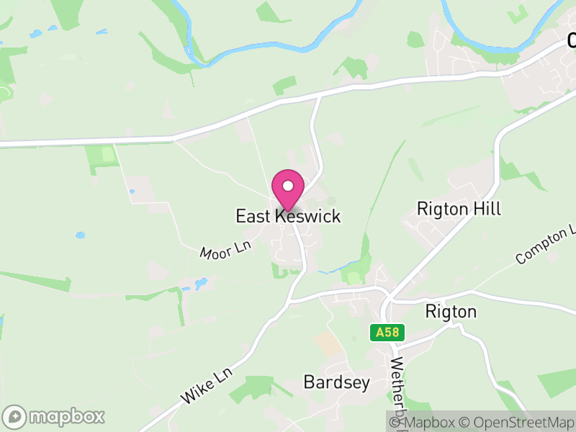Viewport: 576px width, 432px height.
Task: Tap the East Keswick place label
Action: pyautogui.click(x=288, y=216)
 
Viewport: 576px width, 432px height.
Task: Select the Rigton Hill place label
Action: pyautogui.click(x=459, y=209)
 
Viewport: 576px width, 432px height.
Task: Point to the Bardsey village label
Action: pyautogui.click(x=336, y=382)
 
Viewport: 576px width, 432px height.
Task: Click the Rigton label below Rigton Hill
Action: pyautogui.click(x=451, y=312)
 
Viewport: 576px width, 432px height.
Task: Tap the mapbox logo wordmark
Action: pyautogui.click(x=67, y=416)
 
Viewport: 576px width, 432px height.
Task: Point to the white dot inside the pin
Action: pyautogui.click(x=288, y=186)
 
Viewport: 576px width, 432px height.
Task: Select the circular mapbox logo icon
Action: pyautogui.click(x=15, y=417)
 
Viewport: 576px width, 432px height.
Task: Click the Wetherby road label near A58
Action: pyautogui.click(x=397, y=382)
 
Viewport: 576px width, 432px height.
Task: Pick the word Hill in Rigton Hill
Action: pyautogui.click(x=487, y=209)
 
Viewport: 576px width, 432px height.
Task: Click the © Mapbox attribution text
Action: pyautogui.click(x=426, y=423)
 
